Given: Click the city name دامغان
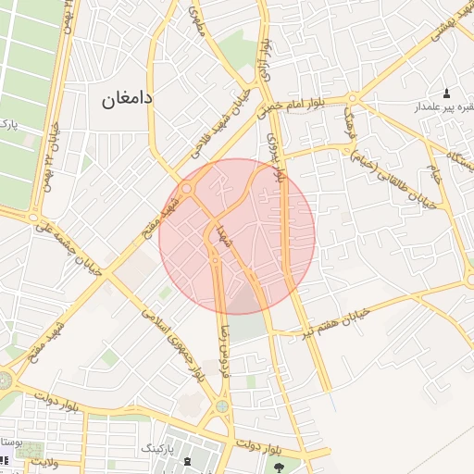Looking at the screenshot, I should (127, 97).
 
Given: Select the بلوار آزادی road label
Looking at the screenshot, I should (264, 58).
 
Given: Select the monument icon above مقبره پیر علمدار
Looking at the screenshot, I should (447, 94).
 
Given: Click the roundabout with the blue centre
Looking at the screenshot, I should (222, 405).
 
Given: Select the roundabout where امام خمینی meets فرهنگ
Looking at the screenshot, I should (352, 100).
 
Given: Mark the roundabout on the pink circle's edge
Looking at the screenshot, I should (187, 189).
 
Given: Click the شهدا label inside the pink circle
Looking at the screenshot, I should (223, 236).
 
